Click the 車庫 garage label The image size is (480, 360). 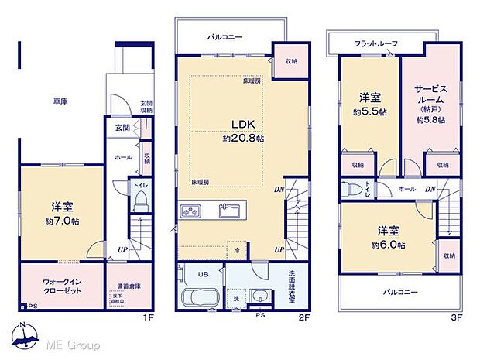60,101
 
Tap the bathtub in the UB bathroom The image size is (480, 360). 201,299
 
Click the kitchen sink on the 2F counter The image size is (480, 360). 229,209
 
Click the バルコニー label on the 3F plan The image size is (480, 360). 401,293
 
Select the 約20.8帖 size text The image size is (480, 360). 243,139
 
